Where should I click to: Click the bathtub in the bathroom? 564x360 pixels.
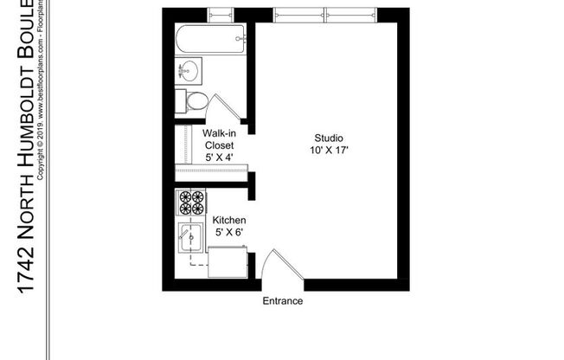coord(210,40)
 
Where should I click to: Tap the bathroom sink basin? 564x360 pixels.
coord(188,69)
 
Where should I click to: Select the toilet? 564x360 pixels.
coord(189,100)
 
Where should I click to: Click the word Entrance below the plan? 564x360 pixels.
coord(283,301)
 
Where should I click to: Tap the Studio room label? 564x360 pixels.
coord(329,138)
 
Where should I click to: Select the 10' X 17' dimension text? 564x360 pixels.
coord(330,151)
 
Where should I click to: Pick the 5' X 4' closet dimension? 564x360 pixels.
coord(219,158)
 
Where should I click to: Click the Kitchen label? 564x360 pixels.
coord(229,221)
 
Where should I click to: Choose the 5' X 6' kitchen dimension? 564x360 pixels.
coord(229,234)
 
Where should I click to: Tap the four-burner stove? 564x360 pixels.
coord(190,202)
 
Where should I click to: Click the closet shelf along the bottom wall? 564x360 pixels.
coord(211,170)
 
